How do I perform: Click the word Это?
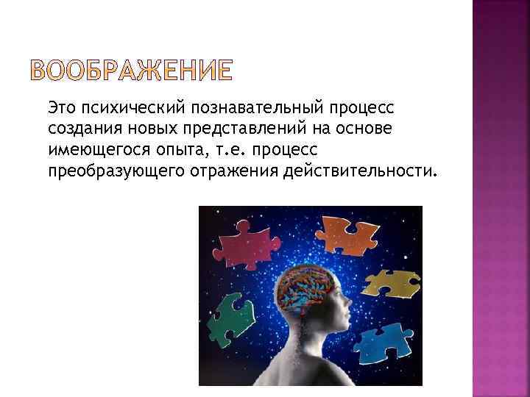pos(62,109)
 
